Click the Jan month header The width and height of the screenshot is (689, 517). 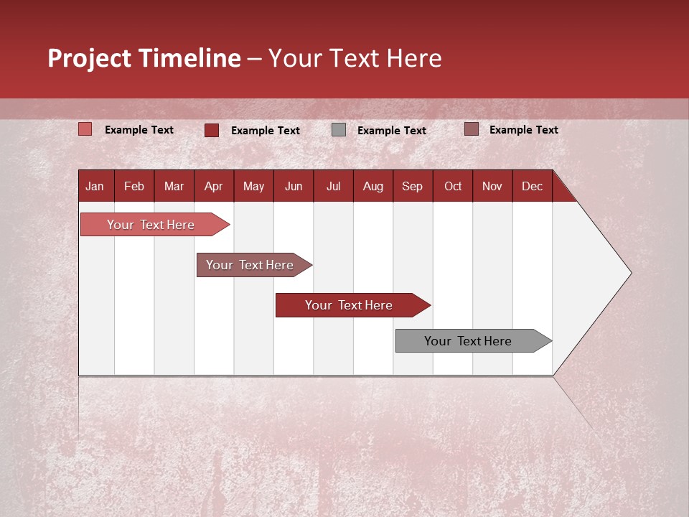point(95,186)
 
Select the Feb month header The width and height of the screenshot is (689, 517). point(134,186)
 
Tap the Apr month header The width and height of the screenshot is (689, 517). point(213,186)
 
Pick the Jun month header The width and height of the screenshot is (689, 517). point(294,186)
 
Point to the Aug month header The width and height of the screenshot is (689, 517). point(372,186)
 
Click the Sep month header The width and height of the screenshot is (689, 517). point(412,186)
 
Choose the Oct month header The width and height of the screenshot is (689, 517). point(453,186)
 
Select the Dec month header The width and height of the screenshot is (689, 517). point(532,186)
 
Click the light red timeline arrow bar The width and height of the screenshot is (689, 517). point(151,225)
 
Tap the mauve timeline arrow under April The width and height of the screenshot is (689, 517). point(250,265)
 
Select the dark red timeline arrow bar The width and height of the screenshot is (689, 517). point(349,305)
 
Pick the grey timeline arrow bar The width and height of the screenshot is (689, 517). point(468,341)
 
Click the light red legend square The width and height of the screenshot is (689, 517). point(85,129)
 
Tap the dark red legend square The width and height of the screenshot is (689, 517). point(211,130)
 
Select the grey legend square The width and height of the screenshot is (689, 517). point(339,130)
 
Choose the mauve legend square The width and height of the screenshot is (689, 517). point(471,129)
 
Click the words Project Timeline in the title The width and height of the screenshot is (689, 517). point(144,58)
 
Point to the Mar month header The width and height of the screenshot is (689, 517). point(174,186)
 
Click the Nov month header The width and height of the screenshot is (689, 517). point(492,186)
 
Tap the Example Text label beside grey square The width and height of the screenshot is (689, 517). point(392,130)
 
